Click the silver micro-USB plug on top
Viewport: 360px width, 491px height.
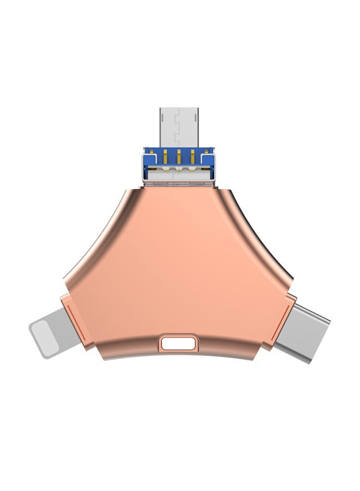(x=178, y=126)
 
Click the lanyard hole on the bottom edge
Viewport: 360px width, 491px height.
(x=175, y=344)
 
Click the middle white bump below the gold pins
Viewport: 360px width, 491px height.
(x=178, y=170)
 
